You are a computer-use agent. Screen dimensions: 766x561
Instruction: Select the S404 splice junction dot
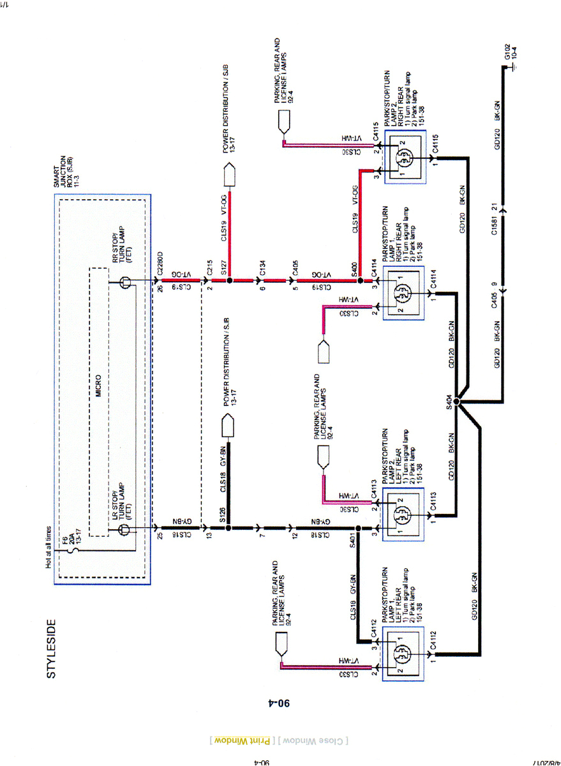coord(458,403)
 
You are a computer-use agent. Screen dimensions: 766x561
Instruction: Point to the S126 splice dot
coord(228,528)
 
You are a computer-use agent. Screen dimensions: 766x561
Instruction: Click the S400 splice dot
coord(359,280)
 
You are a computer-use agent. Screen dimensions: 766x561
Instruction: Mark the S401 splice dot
coord(358,528)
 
